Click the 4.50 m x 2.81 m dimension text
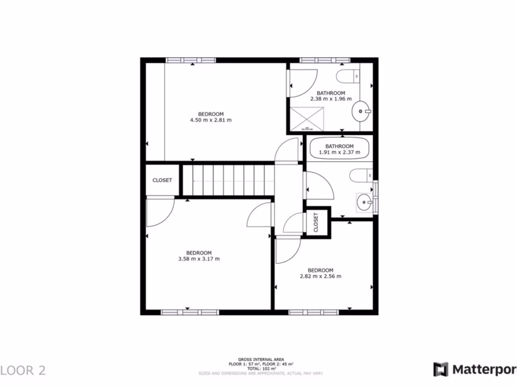[211, 120]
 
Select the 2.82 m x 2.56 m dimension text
[320, 276]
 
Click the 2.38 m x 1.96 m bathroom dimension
[331, 99]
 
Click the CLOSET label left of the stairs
[162, 180]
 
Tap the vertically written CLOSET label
[316, 222]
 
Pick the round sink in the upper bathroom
[361, 110]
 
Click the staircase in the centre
[228, 180]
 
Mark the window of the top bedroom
[191, 60]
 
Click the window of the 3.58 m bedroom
[189, 312]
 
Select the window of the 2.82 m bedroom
[314, 312]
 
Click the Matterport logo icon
[441, 369]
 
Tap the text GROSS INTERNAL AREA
[260, 360]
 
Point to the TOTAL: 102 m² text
[260, 368]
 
